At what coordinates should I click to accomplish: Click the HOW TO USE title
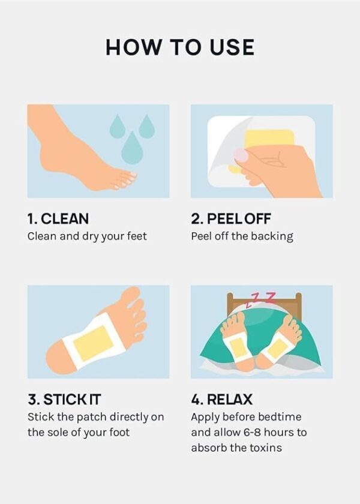click(x=180, y=47)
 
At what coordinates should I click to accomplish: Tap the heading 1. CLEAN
click(x=58, y=219)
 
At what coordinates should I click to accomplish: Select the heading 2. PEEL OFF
click(x=231, y=219)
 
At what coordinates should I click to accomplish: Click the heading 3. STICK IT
click(x=64, y=400)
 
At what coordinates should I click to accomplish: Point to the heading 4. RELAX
click(x=222, y=400)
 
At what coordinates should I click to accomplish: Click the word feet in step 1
click(x=137, y=236)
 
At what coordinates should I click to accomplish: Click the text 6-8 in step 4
click(x=253, y=433)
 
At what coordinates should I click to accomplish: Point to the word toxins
click(x=265, y=448)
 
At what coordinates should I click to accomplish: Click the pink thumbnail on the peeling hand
click(x=241, y=155)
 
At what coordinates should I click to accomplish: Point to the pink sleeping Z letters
click(x=260, y=299)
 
